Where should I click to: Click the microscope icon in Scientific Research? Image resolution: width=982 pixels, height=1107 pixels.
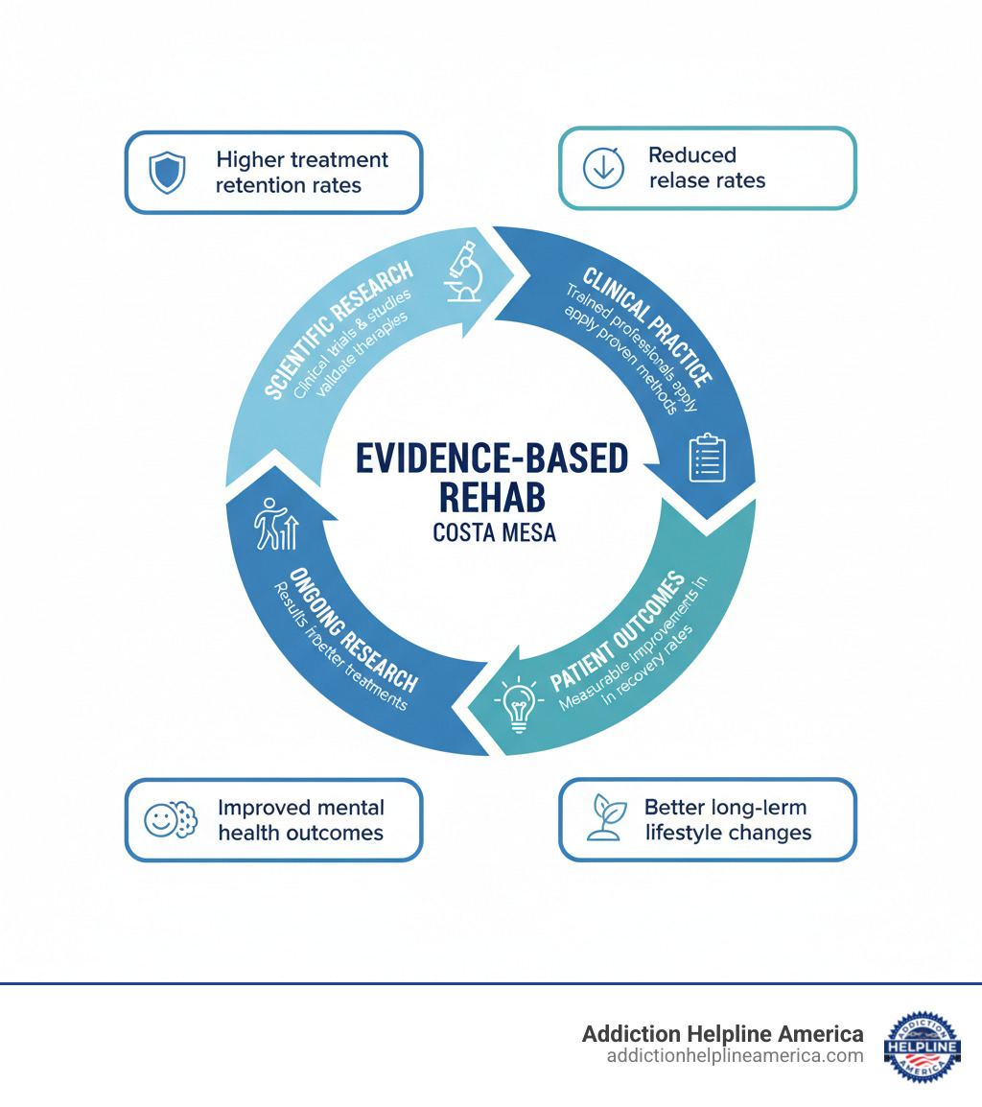pyautogui.click(x=465, y=273)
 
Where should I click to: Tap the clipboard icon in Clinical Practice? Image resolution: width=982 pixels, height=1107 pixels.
pyautogui.click(x=708, y=458)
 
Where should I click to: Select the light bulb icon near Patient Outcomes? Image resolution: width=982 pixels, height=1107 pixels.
pyautogui.click(x=518, y=706)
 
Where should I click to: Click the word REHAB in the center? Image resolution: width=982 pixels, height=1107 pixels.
pyautogui.click(x=491, y=497)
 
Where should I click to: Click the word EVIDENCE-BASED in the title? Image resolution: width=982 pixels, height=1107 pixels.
pyautogui.click(x=491, y=459)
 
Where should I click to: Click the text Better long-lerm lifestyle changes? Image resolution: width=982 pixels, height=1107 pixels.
pyautogui.click(x=727, y=819)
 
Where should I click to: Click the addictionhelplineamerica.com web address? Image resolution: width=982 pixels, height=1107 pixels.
pyautogui.click(x=735, y=1056)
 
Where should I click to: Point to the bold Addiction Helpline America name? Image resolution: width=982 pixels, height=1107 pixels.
pyautogui.click(x=722, y=1033)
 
